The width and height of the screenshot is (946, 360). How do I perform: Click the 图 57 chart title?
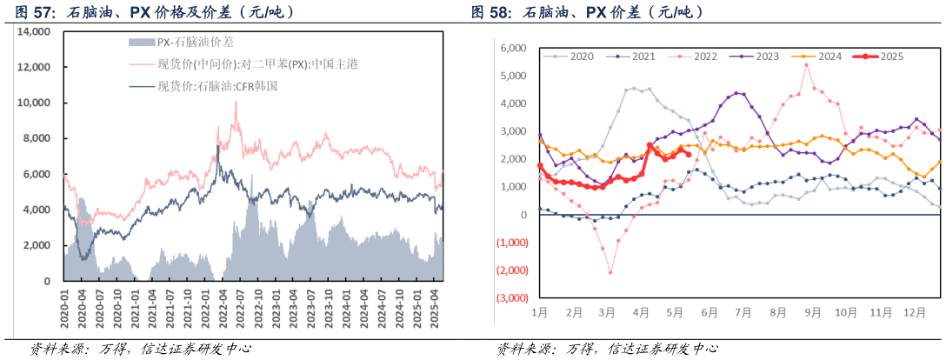tap(152, 11)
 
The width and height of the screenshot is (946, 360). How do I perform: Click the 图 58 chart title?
tap(588, 11)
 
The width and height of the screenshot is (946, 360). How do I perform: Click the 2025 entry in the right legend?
tap(891, 57)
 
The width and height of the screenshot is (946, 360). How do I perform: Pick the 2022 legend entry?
tap(704, 57)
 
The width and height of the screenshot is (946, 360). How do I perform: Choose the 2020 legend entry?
tap(581, 57)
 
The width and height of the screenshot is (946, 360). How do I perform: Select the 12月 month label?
tap(909, 311)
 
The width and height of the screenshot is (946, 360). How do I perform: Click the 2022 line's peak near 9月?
tap(806, 65)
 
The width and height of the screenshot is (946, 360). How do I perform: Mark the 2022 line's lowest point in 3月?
tap(610, 272)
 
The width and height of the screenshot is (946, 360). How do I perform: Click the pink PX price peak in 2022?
tap(236, 102)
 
